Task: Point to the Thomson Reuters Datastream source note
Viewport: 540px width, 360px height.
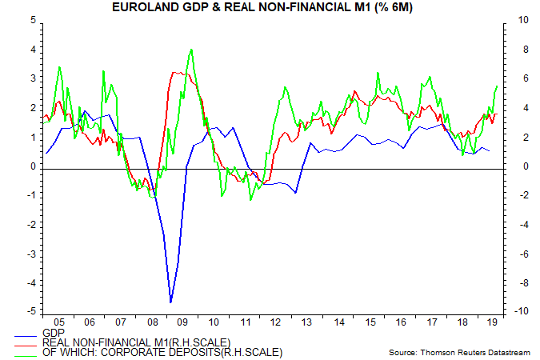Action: coord(460,352)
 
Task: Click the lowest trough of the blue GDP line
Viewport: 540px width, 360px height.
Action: coord(170,302)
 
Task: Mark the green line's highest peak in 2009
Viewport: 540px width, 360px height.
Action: coord(190,50)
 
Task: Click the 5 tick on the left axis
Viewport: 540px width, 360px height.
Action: coord(31,20)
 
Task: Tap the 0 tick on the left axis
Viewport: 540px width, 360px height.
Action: coord(31,166)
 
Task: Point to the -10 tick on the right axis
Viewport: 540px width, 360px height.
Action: coord(507,312)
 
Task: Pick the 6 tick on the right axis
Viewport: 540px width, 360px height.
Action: coord(506,78)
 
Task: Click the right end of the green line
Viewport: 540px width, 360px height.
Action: coord(498,86)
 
